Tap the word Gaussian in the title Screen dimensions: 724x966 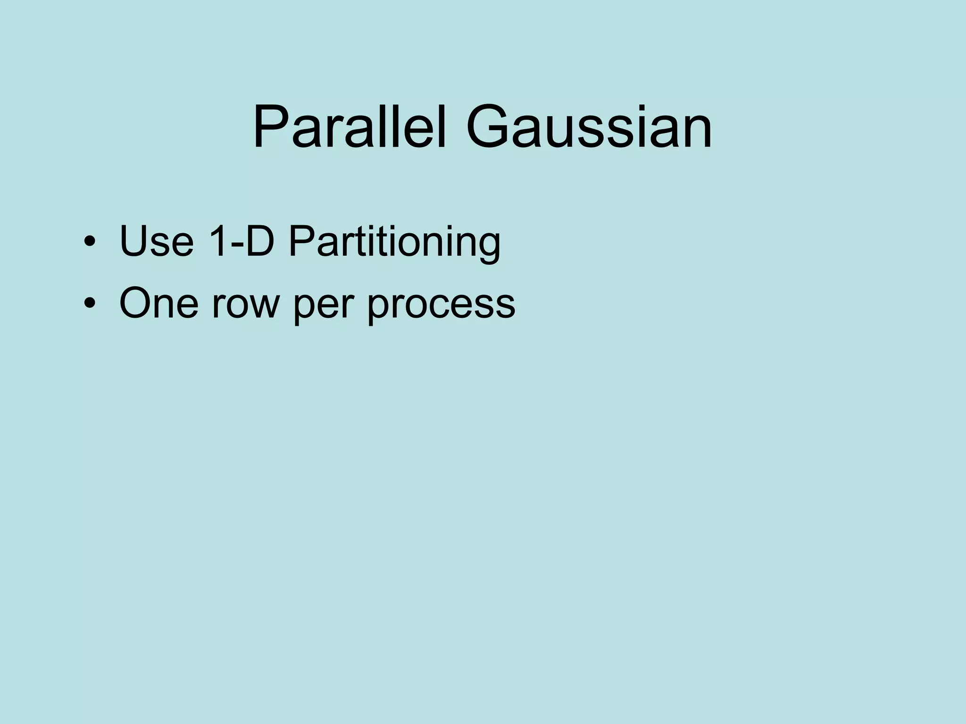click(x=589, y=127)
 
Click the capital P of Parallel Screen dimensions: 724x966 click(x=270, y=127)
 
